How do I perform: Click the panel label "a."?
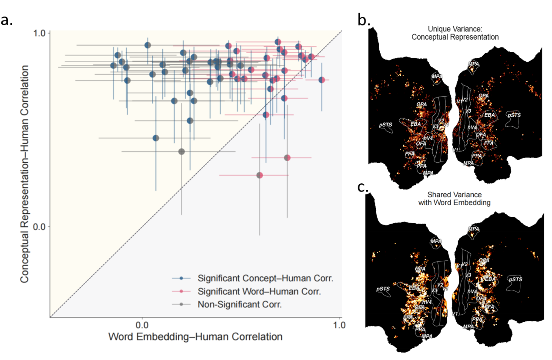coord(10,20)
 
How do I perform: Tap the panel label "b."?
coord(363,19)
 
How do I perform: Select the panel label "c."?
coord(362,188)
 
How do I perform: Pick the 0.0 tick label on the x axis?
coord(142,325)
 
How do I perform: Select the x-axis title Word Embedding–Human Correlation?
coord(195,337)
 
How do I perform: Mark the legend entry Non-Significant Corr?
coord(240,304)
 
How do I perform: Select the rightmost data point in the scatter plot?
coord(322,80)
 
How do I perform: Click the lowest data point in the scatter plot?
coord(260,175)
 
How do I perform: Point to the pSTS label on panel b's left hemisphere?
coord(385,124)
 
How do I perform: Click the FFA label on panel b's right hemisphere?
coord(488,142)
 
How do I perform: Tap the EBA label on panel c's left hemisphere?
coord(414,288)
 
